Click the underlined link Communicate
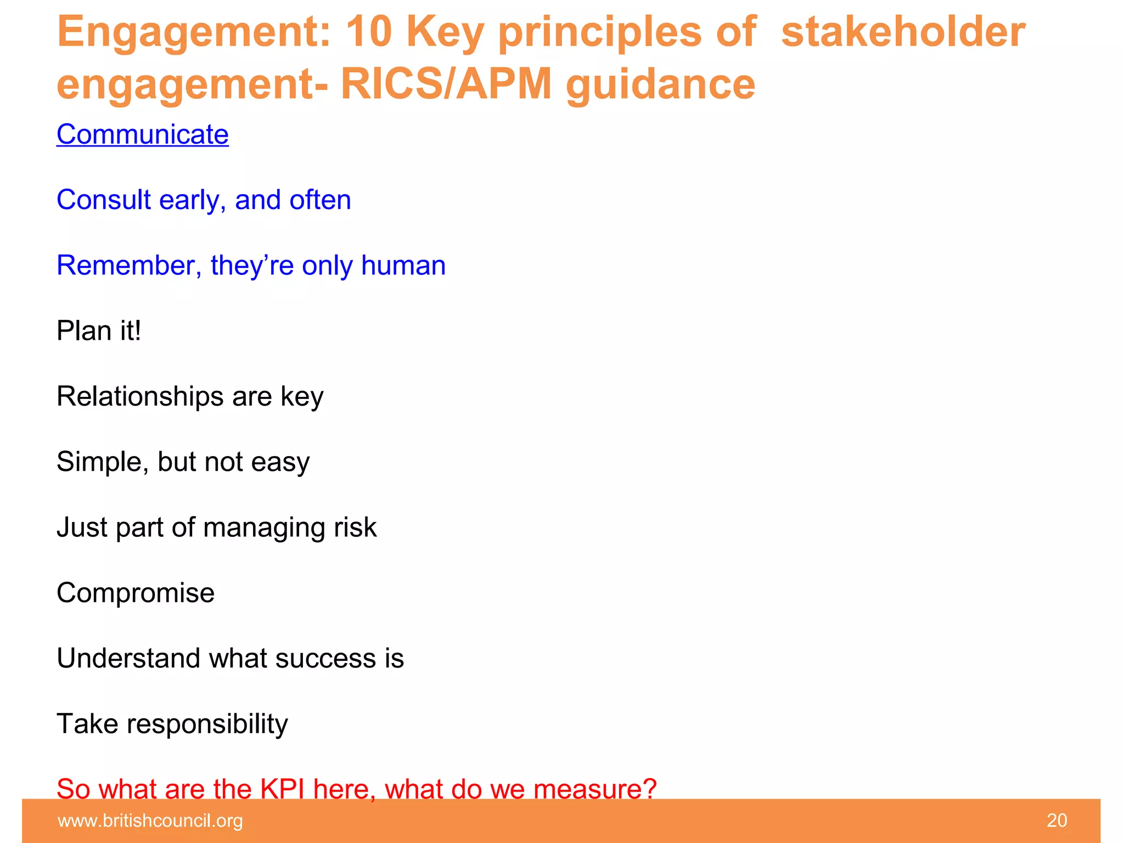click(142, 134)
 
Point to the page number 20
click(1056, 820)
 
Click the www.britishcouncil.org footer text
click(150, 820)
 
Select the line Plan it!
click(99, 331)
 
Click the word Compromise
click(136, 593)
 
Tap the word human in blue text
click(403, 266)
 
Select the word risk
click(355, 527)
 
